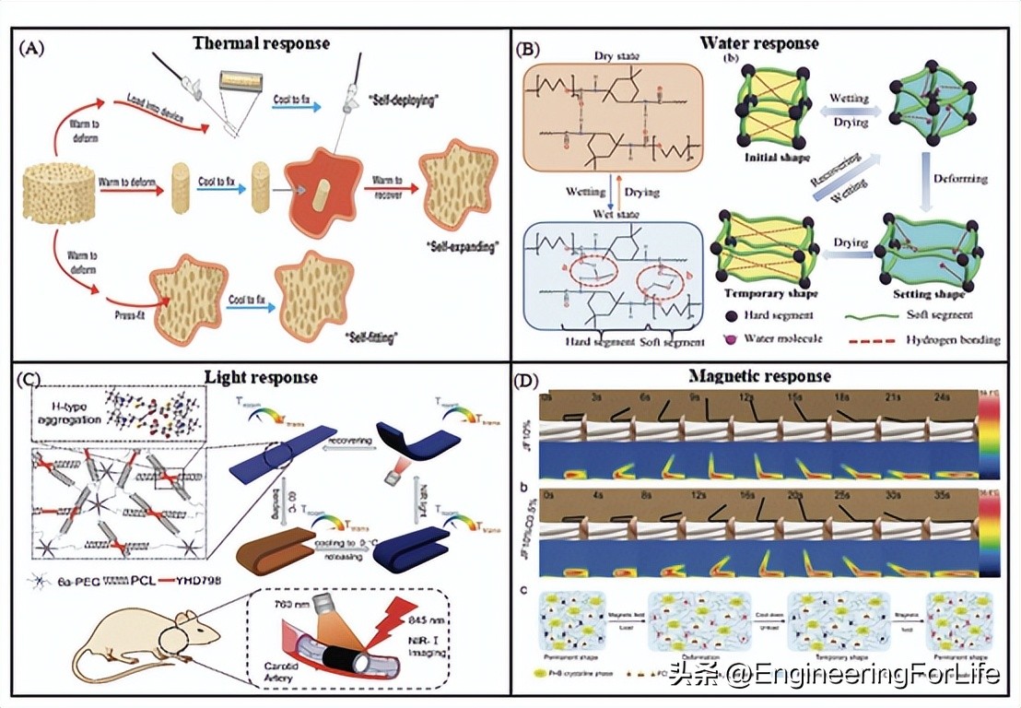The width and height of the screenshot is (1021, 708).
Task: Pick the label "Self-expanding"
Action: coord(458,249)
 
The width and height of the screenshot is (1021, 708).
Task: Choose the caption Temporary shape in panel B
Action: coord(758,293)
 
